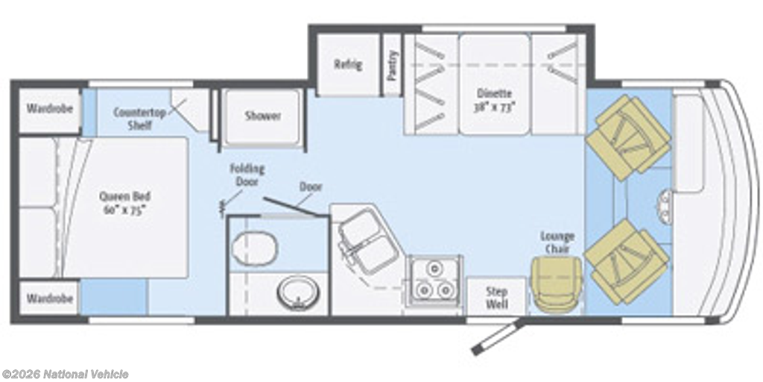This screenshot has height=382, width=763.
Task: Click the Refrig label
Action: (348, 64)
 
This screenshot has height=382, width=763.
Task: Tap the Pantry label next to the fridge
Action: (393, 65)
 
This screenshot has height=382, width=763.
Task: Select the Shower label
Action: (263, 116)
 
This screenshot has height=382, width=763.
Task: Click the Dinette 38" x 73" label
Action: (494, 99)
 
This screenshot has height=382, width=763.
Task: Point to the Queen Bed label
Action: (125, 203)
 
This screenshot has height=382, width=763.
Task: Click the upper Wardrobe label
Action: (50, 108)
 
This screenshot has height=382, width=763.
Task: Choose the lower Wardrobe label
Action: (50, 298)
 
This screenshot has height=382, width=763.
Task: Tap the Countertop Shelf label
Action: (139, 119)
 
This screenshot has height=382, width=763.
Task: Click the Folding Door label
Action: (247, 175)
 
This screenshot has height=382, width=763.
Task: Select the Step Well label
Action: (496, 298)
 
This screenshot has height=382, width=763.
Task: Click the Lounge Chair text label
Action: (557, 242)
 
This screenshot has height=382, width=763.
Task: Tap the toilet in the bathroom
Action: (254, 248)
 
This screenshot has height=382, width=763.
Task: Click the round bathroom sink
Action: (299, 292)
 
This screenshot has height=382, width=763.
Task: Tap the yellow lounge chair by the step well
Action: (556, 283)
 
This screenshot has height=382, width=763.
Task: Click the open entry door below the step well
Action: (497, 338)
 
